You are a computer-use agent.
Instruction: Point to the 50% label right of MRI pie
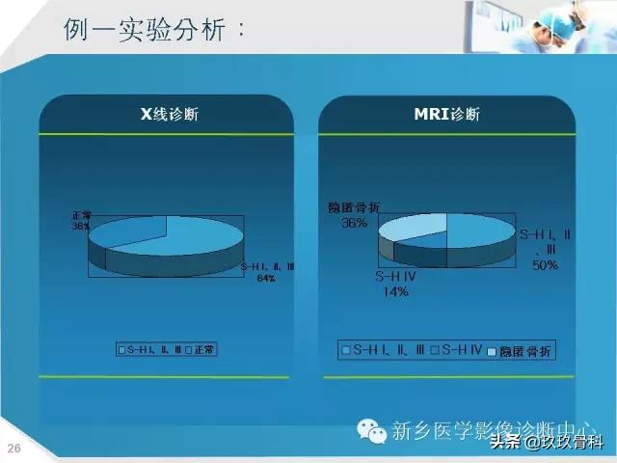pyautogui.click(x=545, y=264)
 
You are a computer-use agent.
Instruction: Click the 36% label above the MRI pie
pyautogui.click(x=353, y=223)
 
